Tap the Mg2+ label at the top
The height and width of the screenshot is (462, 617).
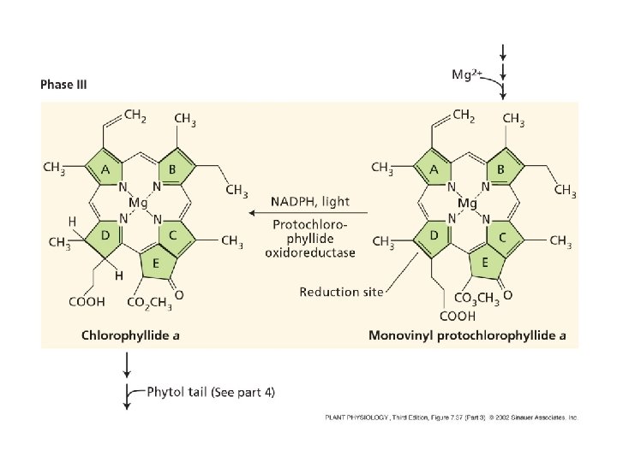[x=469, y=75]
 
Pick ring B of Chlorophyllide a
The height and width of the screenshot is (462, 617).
[x=173, y=170]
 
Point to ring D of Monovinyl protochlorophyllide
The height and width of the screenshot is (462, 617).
[x=434, y=234]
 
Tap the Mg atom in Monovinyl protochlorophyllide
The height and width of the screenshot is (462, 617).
[x=467, y=204]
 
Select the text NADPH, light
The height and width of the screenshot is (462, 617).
[x=309, y=201]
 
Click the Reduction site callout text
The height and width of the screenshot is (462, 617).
[x=341, y=292]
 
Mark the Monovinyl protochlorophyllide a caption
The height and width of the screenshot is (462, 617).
[x=467, y=335]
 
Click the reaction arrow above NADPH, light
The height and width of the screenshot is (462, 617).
[x=308, y=212]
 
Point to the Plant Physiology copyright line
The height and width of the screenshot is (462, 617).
[x=451, y=418]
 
